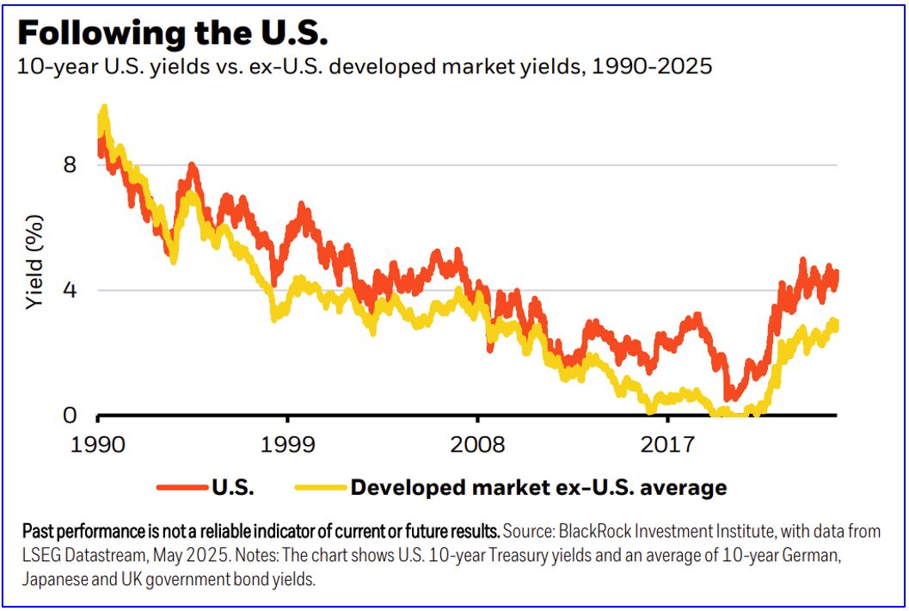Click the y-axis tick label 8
click(x=71, y=164)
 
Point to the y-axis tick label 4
click(x=71, y=290)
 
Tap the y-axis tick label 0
click(x=71, y=416)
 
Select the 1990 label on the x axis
click(x=99, y=445)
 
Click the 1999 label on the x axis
click(x=288, y=445)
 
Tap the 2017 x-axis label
click(x=668, y=445)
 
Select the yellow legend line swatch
click(x=319, y=488)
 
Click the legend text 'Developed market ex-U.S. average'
click(x=538, y=488)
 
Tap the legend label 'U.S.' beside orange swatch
click(x=232, y=488)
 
